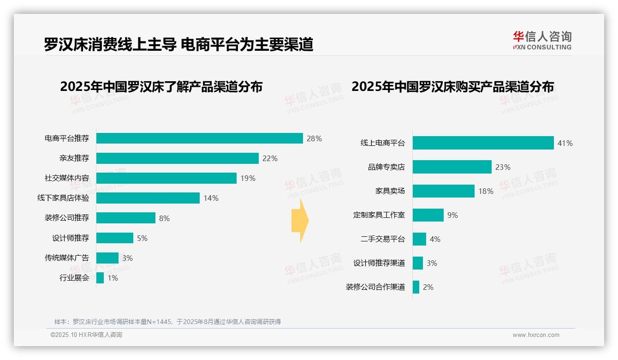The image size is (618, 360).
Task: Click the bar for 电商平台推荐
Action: click(199, 138)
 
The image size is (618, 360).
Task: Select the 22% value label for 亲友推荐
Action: click(270, 158)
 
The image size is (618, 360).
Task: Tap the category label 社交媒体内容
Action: click(67, 178)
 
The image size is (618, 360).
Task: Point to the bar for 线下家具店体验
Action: click(148, 198)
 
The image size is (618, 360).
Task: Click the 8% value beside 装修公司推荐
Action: click(164, 218)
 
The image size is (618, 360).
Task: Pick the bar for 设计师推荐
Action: click(115, 238)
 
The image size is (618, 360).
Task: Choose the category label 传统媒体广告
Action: click(67, 258)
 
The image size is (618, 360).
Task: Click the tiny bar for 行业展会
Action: click(100, 278)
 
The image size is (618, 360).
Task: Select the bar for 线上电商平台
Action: click(483, 143)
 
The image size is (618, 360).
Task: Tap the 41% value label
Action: click(565, 143)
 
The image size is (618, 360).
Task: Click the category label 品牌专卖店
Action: click(386, 167)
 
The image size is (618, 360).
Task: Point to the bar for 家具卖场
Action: click(443, 191)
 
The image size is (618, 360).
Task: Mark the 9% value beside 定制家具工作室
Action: click(452, 215)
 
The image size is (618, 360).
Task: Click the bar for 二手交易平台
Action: click(419, 239)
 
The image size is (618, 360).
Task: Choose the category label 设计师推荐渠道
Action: click(379, 263)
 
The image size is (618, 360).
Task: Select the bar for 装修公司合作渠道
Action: click(416, 287)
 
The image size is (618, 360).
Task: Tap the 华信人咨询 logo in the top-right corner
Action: click(542, 40)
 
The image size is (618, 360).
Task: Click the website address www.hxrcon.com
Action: click(536, 335)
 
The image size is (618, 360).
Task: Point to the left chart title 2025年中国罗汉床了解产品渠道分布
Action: click(161, 87)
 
